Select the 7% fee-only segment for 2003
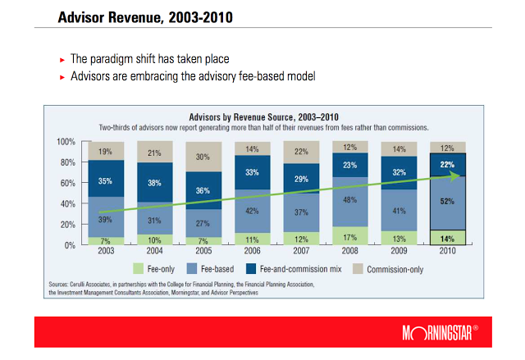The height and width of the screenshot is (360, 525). click(x=106, y=241)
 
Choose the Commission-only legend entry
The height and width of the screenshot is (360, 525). click(x=390, y=268)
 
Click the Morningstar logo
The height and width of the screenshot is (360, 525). click(x=444, y=334)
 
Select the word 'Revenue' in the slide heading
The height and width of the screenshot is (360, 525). click(x=125, y=16)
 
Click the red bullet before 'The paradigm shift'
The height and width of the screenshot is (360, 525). click(x=62, y=60)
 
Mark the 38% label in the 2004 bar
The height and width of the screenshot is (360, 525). click(x=154, y=184)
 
